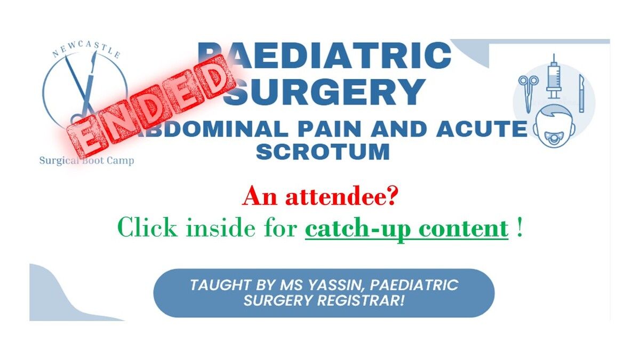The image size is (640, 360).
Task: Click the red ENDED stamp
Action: [x=150, y=106]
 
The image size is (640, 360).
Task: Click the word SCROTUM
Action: [x=323, y=151]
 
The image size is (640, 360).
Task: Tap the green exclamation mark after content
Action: [x=519, y=227]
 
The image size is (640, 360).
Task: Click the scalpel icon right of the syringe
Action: [x=581, y=93]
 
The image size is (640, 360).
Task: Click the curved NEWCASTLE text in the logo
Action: [x=86, y=49]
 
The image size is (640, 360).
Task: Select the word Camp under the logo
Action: [x=121, y=161]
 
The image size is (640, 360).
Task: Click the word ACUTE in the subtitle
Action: [x=482, y=129]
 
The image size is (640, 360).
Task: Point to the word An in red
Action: [x=260, y=197]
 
